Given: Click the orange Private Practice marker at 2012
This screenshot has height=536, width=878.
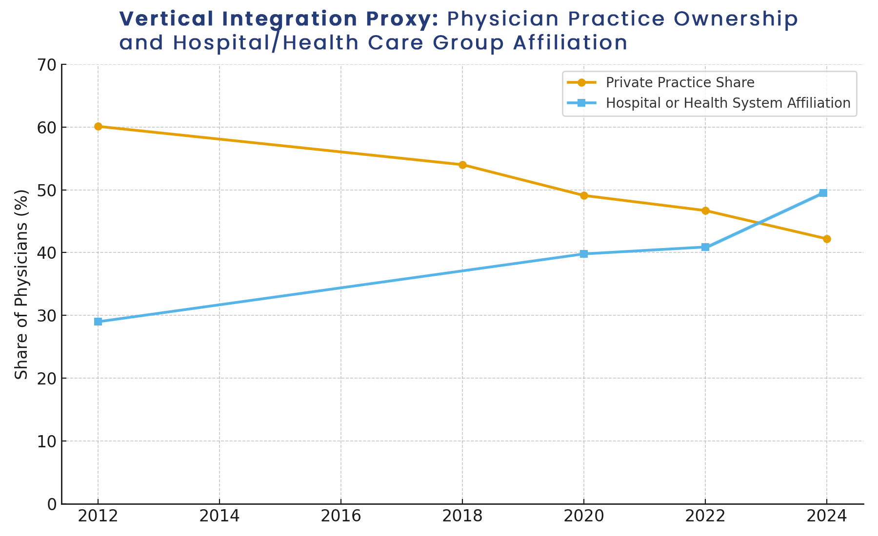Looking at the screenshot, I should [x=98, y=126].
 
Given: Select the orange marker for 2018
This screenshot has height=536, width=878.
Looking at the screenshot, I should [x=462, y=165].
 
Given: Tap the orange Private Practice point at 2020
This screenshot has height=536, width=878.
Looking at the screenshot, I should [x=584, y=195].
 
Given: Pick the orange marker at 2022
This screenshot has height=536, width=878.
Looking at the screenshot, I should [x=705, y=211].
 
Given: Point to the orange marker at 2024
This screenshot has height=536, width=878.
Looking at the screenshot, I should [x=826, y=239].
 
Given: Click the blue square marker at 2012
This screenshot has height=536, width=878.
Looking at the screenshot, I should [x=98, y=322].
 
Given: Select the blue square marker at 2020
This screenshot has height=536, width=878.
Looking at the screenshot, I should [x=584, y=254].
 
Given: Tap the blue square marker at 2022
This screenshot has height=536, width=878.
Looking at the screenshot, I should [x=705, y=247].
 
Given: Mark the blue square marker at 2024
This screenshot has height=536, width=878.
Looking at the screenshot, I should [x=823, y=193].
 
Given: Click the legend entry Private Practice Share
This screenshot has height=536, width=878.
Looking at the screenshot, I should [x=680, y=82].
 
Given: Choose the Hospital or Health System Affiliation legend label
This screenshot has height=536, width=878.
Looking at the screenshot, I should [x=728, y=103].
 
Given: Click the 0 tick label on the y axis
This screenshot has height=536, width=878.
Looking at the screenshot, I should [x=52, y=504].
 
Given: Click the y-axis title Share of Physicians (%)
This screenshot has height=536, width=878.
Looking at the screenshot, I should [x=21, y=284].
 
